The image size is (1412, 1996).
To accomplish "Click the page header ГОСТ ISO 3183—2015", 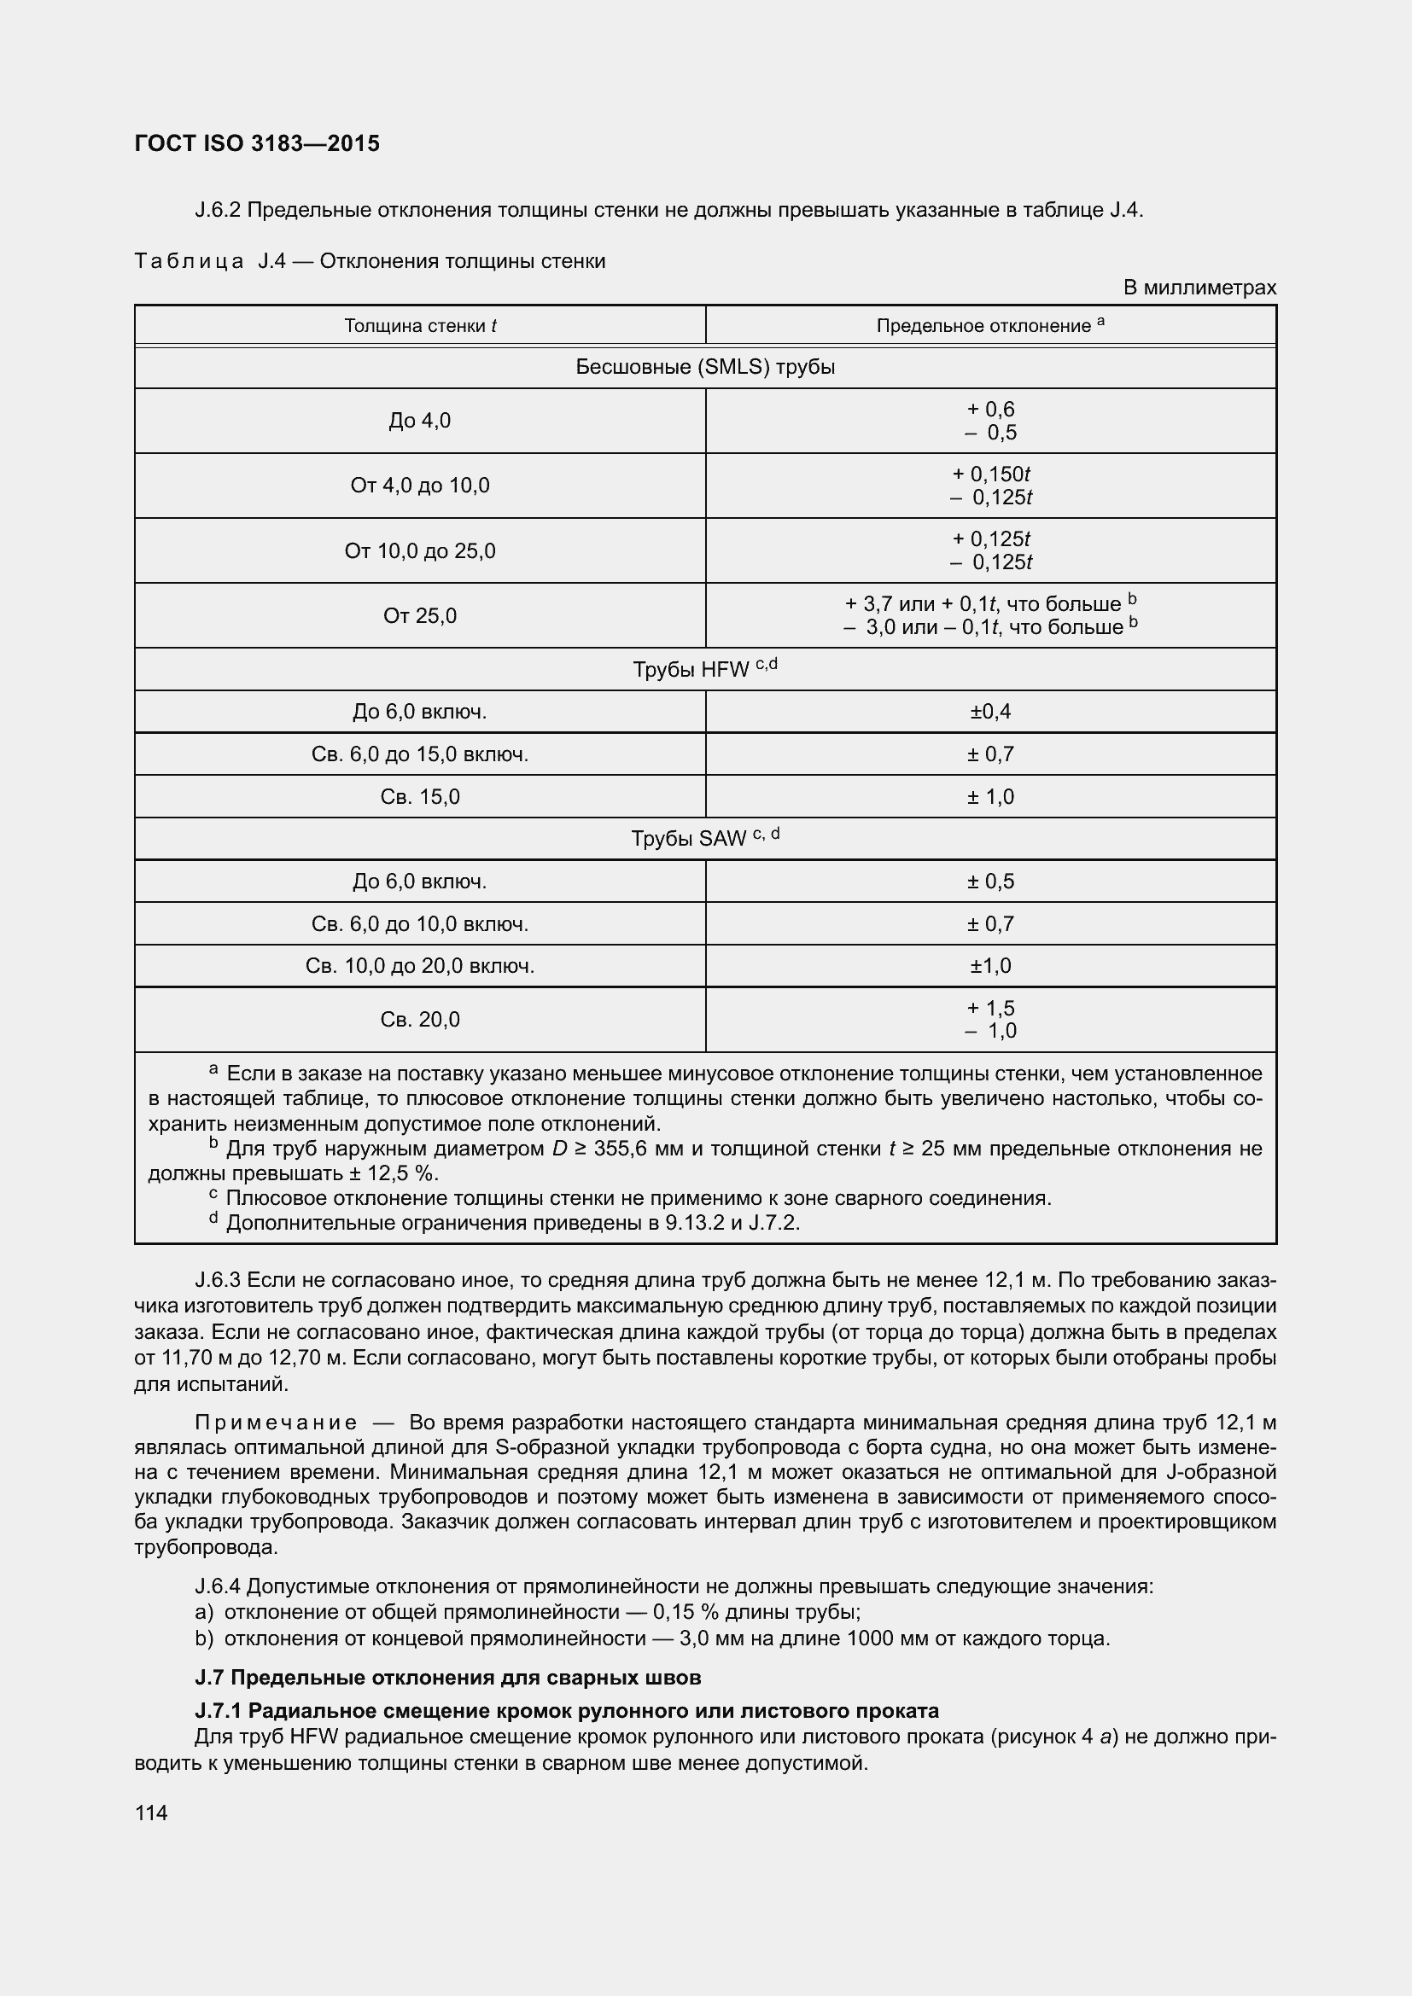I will point(257,143).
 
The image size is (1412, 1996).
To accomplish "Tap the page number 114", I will point(151,1813).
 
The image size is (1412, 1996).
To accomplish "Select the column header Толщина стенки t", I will point(420,326).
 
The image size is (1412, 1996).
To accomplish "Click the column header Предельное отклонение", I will point(989,326).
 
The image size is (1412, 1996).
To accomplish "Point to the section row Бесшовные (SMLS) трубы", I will point(705,367).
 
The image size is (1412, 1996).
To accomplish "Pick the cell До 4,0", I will point(420,421).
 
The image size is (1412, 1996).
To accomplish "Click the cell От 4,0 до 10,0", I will point(420,485).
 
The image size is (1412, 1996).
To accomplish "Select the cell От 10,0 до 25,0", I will point(420,550).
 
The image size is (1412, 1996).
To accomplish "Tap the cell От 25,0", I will point(420,615).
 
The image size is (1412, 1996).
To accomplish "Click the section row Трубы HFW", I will point(705,668).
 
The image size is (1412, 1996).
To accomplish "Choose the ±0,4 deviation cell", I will point(990,712).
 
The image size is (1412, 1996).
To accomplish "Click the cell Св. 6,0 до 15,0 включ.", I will point(420,754).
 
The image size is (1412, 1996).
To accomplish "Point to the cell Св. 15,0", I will point(420,796).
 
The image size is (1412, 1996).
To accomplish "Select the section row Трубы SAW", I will point(705,838).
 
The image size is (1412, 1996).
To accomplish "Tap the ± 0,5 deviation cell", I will point(990,882).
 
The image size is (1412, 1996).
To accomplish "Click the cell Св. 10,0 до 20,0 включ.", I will point(420,966).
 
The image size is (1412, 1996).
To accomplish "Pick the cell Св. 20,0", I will point(420,1019).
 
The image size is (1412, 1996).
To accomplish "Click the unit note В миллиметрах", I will point(1199,288).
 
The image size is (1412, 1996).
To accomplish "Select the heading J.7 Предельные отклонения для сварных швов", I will point(448,1677).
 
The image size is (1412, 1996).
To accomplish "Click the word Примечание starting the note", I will point(276,1423).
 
